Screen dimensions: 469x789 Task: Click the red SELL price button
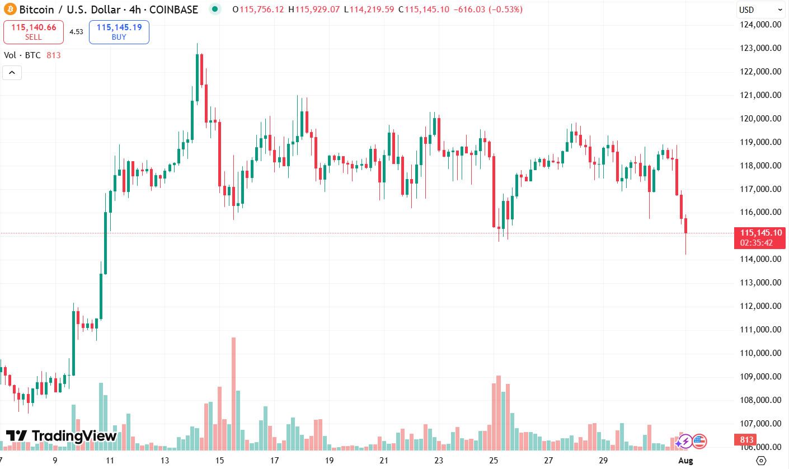(33, 32)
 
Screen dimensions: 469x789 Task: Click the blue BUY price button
(119, 32)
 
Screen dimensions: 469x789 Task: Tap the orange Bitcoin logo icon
(10, 10)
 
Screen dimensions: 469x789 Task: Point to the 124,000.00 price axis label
(760, 25)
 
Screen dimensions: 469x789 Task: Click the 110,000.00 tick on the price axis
(760, 353)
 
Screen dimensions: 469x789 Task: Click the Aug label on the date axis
(685, 461)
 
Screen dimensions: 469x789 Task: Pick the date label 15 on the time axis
(219, 461)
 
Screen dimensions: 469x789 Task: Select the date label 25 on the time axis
(494, 461)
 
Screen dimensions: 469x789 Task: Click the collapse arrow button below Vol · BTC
(12, 73)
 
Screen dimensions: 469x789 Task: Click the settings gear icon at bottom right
(760, 461)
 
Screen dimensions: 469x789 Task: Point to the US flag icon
(700, 442)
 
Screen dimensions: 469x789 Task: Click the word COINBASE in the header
(174, 10)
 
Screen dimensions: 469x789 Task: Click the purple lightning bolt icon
(684, 442)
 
